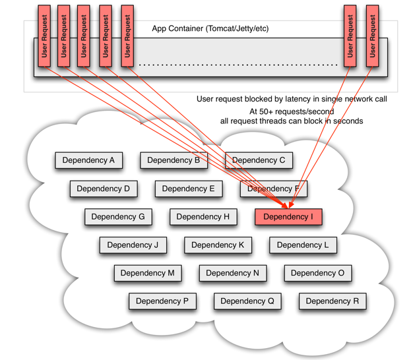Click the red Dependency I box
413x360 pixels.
(x=288, y=217)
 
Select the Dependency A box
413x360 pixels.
(x=88, y=160)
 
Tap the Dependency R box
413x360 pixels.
(x=332, y=301)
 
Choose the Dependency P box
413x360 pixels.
(x=162, y=301)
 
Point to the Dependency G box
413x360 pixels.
(x=118, y=217)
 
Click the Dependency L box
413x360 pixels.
(x=303, y=245)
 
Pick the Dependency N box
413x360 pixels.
(x=232, y=273)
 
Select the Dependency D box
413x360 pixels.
(x=104, y=189)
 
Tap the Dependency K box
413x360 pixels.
(x=218, y=245)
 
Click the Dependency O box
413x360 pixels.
(x=317, y=273)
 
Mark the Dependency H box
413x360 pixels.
(x=203, y=217)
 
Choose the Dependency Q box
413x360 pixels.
(x=247, y=301)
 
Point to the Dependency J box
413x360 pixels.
(x=133, y=245)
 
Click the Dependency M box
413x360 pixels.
(x=147, y=273)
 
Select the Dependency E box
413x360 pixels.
(x=188, y=189)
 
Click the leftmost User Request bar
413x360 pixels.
(x=44, y=36)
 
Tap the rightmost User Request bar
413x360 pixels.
(x=372, y=36)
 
